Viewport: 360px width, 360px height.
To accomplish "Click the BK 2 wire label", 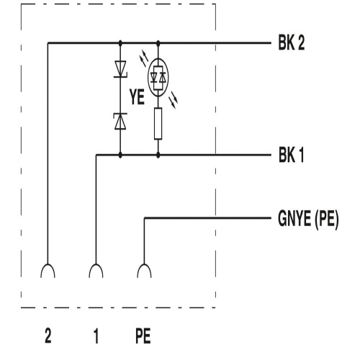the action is click(292, 42).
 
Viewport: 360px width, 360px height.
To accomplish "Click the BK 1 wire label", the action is click(291, 155).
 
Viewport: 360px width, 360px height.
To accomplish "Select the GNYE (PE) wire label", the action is click(308, 218).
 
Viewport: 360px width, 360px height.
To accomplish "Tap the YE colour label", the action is click(137, 97).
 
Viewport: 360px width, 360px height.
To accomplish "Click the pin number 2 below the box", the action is click(48, 336).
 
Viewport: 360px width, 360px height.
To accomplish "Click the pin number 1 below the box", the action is click(96, 336).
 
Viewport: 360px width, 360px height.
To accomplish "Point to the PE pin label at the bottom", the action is click(143, 336).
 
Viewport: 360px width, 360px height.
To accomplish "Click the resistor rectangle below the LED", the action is click(158, 124).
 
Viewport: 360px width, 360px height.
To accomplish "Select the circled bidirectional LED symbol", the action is click(158, 77).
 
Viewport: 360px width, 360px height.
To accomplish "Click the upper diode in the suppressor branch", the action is click(120, 69).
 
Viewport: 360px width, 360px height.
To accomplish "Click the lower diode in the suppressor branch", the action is click(120, 121).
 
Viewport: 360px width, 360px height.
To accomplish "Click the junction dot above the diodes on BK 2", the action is click(120, 43).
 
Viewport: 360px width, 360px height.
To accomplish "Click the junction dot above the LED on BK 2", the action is click(158, 43).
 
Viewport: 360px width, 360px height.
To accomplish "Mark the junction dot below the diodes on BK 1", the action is click(120, 155).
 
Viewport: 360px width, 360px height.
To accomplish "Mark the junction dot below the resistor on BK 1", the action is click(158, 155).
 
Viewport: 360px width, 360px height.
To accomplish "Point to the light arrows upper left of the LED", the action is click(143, 58).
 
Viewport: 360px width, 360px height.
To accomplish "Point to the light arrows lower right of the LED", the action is click(174, 100).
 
